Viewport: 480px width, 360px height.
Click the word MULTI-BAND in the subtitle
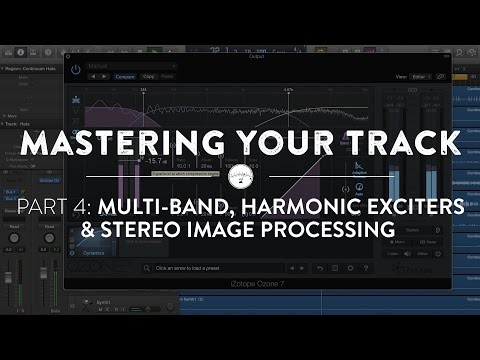pyautogui.click(x=163, y=207)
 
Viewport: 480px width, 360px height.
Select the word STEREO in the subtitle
pyautogui.click(x=173, y=230)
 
